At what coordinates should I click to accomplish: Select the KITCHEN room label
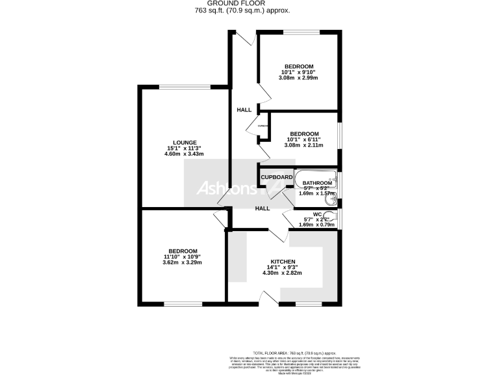click(x=283, y=262)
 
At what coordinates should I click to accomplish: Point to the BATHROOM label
click(x=317, y=183)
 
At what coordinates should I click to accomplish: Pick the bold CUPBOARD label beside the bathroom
click(x=276, y=176)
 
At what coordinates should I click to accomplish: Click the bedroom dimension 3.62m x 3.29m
click(x=183, y=263)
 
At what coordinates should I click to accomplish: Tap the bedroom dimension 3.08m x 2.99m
click(x=298, y=78)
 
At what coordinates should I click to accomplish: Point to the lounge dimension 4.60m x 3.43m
click(x=184, y=154)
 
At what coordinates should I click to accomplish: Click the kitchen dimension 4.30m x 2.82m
click(x=283, y=273)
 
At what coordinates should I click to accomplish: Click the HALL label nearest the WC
click(x=262, y=208)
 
